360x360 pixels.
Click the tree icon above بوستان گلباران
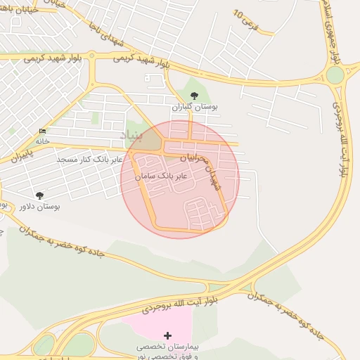195,96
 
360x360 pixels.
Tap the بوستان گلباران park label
195,108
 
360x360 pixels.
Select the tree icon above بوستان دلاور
39,195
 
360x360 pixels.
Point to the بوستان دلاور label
39,206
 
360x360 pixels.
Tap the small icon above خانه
44,131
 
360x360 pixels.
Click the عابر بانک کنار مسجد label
90,160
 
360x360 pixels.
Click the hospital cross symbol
167,335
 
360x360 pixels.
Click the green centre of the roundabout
335,75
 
